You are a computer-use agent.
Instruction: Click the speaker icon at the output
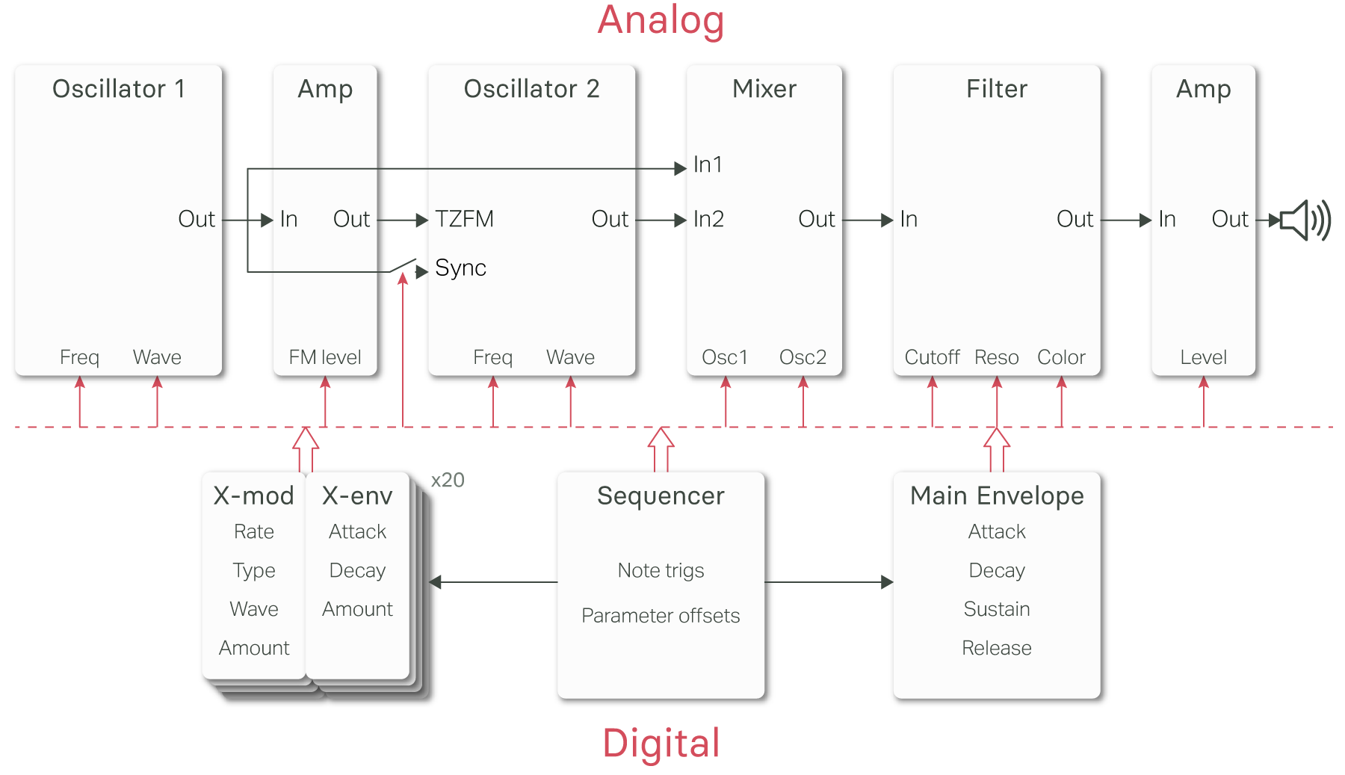pos(1305,220)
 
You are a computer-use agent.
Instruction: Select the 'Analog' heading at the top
pos(661,20)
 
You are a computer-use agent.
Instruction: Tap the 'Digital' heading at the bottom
pos(661,744)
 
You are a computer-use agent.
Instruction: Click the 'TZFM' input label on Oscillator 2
pos(464,219)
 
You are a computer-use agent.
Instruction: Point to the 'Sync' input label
pos(460,268)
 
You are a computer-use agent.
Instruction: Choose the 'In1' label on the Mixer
pos(708,164)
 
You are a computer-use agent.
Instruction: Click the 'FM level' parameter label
pos(325,357)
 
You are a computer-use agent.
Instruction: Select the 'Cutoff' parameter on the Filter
pos(932,357)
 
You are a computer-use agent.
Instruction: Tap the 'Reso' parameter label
pos(996,357)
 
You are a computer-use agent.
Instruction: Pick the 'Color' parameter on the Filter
pos(1061,357)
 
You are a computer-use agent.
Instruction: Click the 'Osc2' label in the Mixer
pos(803,357)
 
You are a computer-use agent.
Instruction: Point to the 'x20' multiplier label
pos(448,480)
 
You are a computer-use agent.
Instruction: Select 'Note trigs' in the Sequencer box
pos(661,570)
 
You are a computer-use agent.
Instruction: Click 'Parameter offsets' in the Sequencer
pos(661,616)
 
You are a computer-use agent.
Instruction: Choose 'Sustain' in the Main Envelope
pos(997,609)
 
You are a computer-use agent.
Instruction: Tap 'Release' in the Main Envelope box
pos(997,648)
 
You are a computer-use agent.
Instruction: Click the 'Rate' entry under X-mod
pos(254,531)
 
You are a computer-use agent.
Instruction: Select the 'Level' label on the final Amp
pos(1203,357)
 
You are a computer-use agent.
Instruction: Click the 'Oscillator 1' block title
pos(118,89)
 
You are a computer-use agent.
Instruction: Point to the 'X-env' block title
pos(357,495)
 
